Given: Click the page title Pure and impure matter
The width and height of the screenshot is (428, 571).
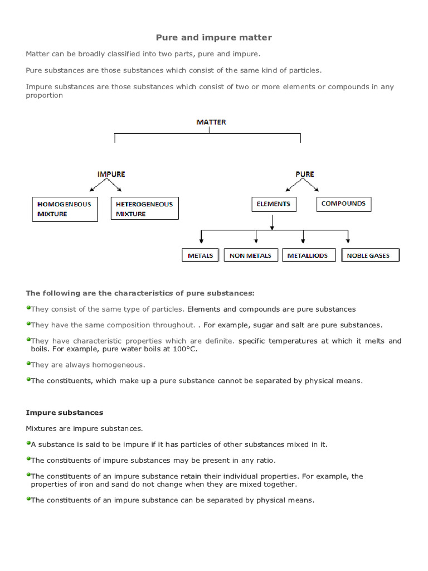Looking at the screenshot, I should [x=213, y=37].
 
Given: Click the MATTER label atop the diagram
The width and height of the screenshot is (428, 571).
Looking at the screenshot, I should [x=211, y=122].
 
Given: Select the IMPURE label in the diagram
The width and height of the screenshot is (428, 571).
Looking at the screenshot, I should [x=111, y=174].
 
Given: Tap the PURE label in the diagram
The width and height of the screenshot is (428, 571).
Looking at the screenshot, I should [x=305, y=174].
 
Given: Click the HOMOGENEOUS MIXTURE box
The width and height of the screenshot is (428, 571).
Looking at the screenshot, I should [x=65, y=209].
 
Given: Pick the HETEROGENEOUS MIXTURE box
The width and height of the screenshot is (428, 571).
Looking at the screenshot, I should [x=145, y=209].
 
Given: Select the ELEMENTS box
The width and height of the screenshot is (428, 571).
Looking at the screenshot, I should [x=274, y=204].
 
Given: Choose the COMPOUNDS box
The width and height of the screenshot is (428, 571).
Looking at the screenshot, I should [x=344, y=204].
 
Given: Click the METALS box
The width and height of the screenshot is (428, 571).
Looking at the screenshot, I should [x=201, y=255].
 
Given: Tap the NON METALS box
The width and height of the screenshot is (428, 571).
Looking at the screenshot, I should [x=251, y=255].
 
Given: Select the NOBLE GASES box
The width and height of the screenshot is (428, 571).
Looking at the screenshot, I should [x=371, y=255].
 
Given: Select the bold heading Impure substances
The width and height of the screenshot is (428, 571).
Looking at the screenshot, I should [x=64, y=413].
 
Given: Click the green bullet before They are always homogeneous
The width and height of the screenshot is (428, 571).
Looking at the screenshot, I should [x=28, y=364].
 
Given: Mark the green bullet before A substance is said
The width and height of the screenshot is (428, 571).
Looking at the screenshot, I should [x=28, y=443].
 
